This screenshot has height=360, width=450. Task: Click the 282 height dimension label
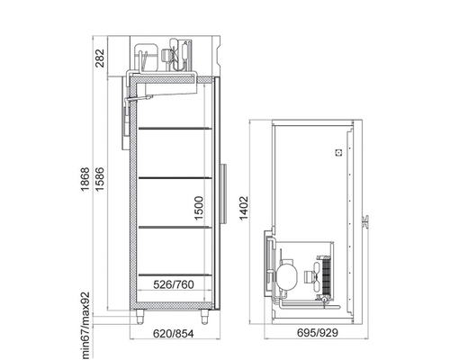(100, 58)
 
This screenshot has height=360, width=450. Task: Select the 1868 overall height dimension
(85, 179)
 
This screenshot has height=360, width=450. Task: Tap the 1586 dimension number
(99, 179)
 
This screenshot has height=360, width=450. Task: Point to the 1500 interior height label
(199, 208)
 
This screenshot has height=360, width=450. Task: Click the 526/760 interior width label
(174, 284)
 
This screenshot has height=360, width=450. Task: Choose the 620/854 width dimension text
(174, 333)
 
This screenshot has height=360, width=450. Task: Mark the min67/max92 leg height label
(85, 326)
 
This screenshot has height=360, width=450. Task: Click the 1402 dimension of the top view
(244, 208)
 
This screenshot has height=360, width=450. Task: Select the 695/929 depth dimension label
(318, 332)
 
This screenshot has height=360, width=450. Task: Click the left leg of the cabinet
(139, 317)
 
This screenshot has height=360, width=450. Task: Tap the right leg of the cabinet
(204, 317)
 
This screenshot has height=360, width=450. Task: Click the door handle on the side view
(224, 193)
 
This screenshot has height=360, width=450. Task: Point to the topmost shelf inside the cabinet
(175, 129)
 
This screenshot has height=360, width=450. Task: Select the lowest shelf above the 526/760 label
(175, 274)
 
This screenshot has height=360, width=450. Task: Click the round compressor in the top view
(286, 274)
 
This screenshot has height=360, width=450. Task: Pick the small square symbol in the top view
(338, 153)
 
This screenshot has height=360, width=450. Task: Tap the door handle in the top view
(365, 222)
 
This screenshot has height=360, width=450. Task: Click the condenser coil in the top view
(327, 276)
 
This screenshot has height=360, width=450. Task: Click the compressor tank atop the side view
(146, 58)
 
